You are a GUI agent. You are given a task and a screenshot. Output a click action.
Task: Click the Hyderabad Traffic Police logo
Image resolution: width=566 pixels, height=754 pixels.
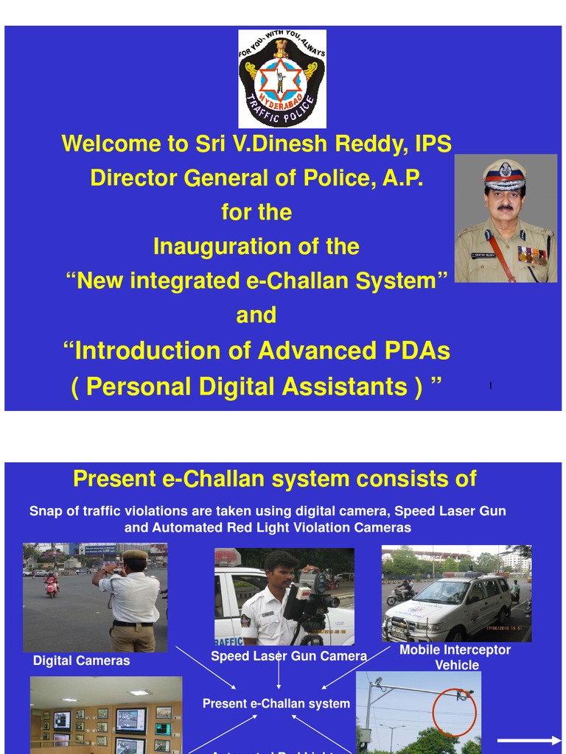[282, 78]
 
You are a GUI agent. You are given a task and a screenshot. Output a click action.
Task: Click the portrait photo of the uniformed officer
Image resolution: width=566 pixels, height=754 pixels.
[506, 219]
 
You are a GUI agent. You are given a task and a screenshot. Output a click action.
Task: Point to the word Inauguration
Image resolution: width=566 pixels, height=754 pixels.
[225, 247]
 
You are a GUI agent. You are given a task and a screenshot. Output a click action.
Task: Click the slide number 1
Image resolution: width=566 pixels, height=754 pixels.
[491, 386]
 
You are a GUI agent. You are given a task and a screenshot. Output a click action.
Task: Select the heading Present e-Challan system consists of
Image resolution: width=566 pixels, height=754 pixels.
[275, 479]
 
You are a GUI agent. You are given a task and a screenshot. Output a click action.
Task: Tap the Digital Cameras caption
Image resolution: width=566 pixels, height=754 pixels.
[81, 660]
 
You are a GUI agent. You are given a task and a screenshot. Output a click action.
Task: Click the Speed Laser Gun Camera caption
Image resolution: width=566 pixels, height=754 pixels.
[289, 655]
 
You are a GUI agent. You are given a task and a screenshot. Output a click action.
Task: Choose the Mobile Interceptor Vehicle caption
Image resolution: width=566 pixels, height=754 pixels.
[455, 657]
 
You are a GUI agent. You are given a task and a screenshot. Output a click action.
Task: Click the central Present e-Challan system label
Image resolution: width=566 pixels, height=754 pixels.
[276, 704]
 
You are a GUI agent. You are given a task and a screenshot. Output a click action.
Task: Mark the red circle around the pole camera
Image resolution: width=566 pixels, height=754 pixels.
[454, 710]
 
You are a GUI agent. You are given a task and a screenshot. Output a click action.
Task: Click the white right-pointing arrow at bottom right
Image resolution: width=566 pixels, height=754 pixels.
[529, 741]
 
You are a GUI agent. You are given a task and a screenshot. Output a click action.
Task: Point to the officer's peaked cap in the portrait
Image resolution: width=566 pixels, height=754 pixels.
[505, 174]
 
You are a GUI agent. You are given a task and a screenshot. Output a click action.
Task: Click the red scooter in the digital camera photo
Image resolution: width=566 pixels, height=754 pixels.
[52, 587]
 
